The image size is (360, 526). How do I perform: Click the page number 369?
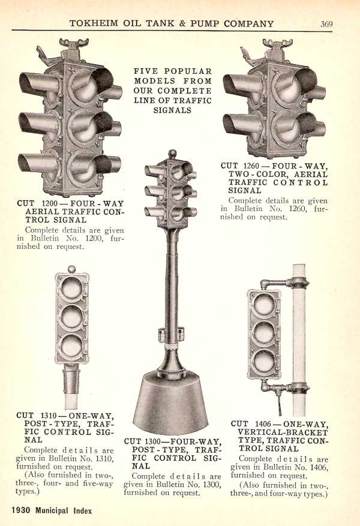coord(326,24)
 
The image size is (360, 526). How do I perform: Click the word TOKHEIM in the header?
coord(94,23)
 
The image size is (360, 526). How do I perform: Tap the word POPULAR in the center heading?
coord(188,71)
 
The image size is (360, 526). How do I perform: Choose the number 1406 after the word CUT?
coord(264,423)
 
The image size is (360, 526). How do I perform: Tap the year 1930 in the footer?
coord(21,510)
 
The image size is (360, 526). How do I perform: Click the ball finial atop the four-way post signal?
coord(172,154)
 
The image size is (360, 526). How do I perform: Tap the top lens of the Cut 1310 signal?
coord(72,288)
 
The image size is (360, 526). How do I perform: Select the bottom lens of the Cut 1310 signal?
coord(72,345)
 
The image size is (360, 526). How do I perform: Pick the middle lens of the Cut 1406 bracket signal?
coord(264,333)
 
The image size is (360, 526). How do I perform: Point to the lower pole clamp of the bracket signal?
coord(298,389)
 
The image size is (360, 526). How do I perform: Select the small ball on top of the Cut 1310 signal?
coord(72,269)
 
